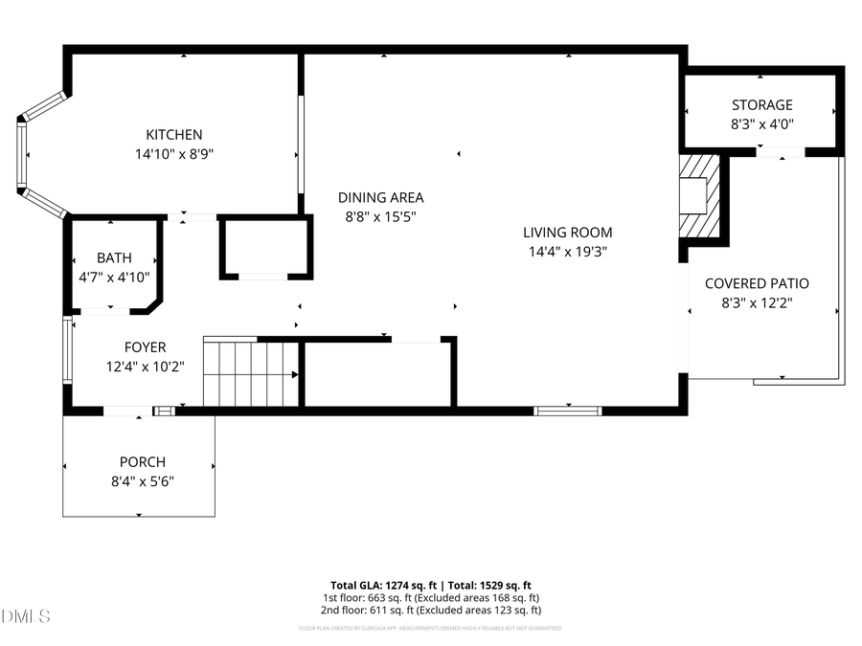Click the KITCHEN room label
(173, 135)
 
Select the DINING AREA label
(380, 198)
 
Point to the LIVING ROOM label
(567, 233)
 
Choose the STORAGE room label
(761, 105)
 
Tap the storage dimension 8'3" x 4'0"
(761, 123)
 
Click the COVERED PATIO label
(757, 283)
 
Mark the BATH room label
(114, 258)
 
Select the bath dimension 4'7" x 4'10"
(114, 277)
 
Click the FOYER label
(145, 347)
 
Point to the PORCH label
(142, 462)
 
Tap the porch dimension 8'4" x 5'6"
(142, 480)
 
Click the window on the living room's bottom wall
(568, 411)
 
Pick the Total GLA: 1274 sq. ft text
(382, 585)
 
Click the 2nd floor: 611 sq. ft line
(431, 610)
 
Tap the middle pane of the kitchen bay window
(23, 155)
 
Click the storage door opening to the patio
(783, 151)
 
